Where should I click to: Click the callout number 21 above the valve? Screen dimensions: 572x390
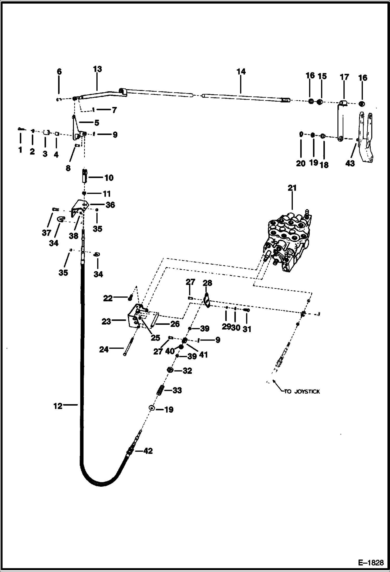click(292, 188)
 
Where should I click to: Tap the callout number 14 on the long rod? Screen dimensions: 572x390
click(241, 72)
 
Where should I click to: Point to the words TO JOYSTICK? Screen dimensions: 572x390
click(302, 392)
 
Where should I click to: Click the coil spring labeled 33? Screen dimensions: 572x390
click(160, 391)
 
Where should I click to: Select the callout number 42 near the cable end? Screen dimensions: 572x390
click(148, 451)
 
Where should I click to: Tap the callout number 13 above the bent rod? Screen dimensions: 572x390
click(97, 69)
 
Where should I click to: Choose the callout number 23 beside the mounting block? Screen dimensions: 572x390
click(106, 322)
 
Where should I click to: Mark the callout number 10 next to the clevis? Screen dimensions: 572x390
click(109, 178)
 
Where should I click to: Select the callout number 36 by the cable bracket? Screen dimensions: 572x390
click(110, 205)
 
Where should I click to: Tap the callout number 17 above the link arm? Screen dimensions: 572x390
click(344, 77)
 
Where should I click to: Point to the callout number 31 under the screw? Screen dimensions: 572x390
click(247, 329)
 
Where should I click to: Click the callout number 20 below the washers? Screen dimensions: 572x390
click(301, 163)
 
